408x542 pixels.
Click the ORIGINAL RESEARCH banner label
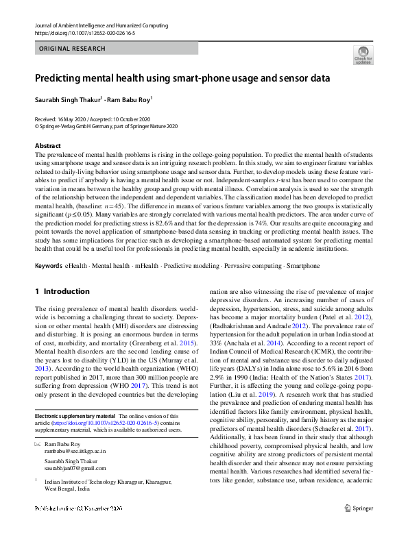pyautogui.click(x=73, y=49)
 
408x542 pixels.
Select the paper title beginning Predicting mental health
pyautogui.click(x=182, y=78)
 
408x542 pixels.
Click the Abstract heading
pyautogui.click(x=47, y=146)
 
